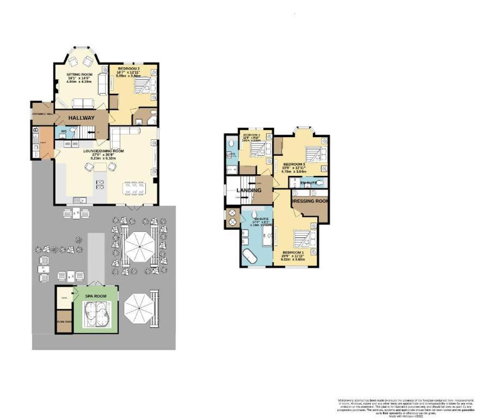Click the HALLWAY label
click(x=81, y=118)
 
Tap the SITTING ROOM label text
click(x=79, y=75)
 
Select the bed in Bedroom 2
click(x=143, y=85)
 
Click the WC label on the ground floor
click(x=63, y=131)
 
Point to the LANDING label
click(x=250, y=190)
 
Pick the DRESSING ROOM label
click(x=311, y=201)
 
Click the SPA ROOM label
click(x=95, y=296)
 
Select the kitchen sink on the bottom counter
click(x=79, y=199)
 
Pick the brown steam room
click(x=64, y=321)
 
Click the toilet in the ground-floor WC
click(x=74, y=131)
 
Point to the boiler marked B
click(x=35, y=130)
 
